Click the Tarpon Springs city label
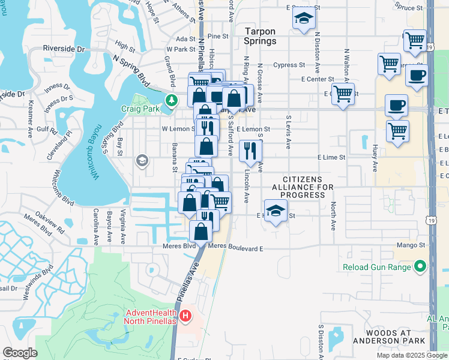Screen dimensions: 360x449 [260, 35]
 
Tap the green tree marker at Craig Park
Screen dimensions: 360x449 [172, 100]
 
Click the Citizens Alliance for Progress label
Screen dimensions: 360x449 [310, 187]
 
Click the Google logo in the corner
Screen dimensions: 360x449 [20, 353]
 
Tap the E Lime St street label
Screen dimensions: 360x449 [332, 157]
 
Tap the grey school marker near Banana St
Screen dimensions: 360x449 [142, 160]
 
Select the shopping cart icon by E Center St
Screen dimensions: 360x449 [343, 93]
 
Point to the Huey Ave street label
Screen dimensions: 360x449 [375, 157]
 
